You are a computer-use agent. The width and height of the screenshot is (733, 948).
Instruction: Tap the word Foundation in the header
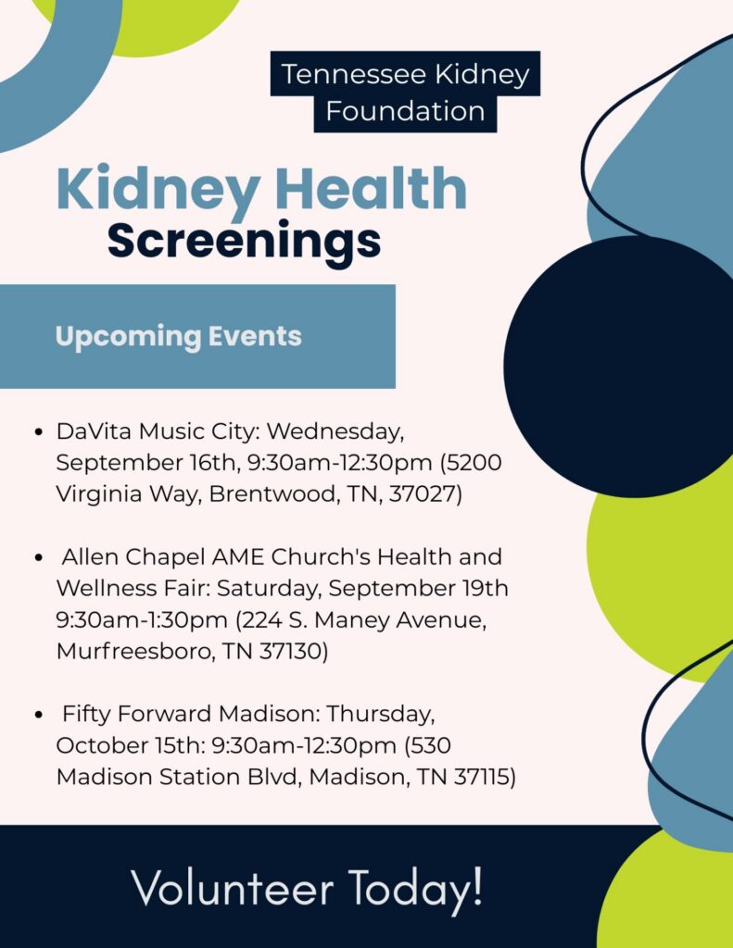click(x=406, y=111)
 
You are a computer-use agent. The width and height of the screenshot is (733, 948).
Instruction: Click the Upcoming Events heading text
click(x=178, y=337)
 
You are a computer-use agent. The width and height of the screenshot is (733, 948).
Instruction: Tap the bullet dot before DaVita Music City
click(x=39, y=432)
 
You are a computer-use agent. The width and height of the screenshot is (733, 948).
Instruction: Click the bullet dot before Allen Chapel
click(x=39, y=557)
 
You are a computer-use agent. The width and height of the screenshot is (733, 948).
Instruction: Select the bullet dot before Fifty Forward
click(x=39, y=715)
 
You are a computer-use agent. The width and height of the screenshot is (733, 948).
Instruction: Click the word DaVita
click(x=95, y=431)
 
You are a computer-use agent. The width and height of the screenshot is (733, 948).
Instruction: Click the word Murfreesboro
click(x=135, y=651)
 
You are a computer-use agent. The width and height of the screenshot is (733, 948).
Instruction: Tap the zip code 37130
click(x=291, y=651)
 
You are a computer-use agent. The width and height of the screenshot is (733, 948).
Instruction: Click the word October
click(x=101, y=745)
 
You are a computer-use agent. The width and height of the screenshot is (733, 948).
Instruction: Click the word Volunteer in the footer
click(x=233, y=888)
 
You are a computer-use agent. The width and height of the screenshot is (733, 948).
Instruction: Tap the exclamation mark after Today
click(x=477, y=885)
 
